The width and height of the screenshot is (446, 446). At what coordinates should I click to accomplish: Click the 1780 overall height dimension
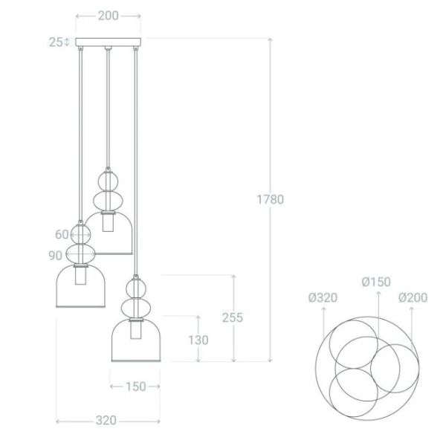(x=270, y=199)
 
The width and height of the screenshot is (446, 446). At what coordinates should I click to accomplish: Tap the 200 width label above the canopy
(x=108, y=16)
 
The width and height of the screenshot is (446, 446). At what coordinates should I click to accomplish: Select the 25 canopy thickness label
(x=56, y=42)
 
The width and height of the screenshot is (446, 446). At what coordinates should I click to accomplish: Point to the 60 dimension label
(x=61, y=234)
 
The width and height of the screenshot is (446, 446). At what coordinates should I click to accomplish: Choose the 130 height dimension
(x=198, y=340)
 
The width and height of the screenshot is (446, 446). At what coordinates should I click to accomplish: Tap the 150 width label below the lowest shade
(x=135, y=387)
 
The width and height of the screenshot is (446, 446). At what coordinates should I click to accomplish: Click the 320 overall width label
(x=106, y=421)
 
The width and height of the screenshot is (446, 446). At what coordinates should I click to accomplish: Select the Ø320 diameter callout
(x=323, y=298)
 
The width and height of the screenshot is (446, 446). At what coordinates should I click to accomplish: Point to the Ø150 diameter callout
(x=376, y=282)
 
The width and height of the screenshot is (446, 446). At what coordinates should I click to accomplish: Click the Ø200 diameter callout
(x=413, y=298)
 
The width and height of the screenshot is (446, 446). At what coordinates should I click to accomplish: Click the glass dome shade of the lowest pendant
(x=136, y=342)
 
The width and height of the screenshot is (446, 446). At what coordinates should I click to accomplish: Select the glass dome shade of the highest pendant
(x=109, y=233)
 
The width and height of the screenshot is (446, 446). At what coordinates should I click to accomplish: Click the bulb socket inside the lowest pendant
(x=136, y=330)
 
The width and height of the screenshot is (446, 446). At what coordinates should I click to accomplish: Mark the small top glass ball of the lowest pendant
(x=135, y=285)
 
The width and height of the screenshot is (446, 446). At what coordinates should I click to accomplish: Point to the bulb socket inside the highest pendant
(x=109, y=221)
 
